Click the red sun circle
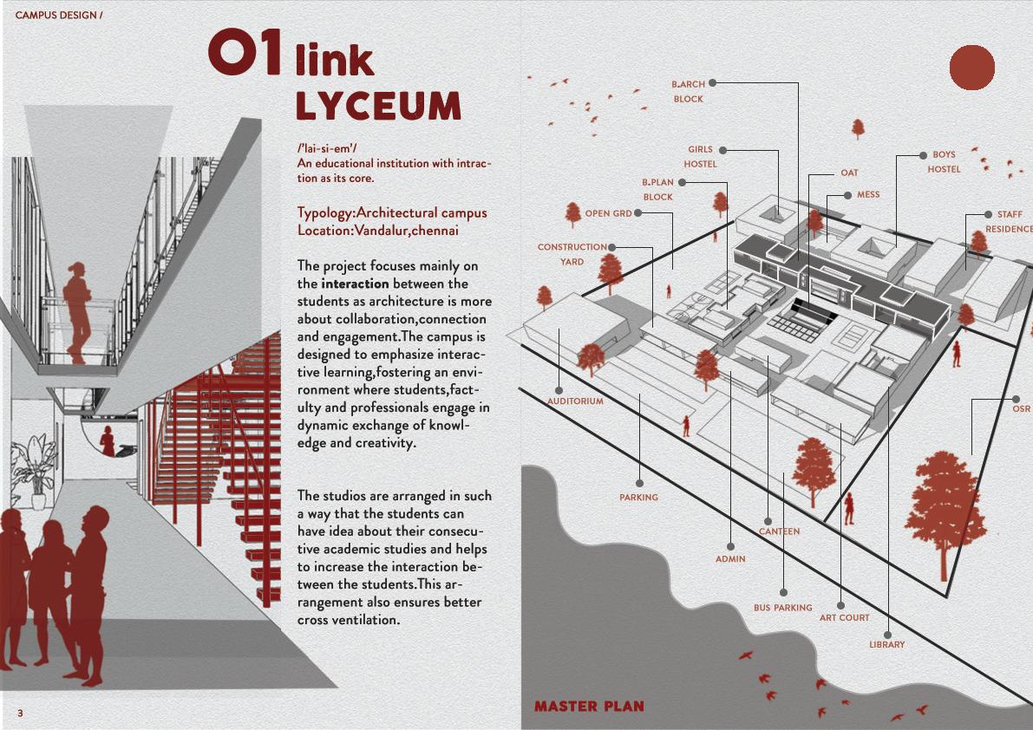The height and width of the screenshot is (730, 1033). [x=971, y=68]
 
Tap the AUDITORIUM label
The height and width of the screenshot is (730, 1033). [x=575, y=401]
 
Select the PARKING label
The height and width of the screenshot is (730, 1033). [x=638, y=498]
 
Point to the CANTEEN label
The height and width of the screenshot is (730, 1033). [x=779, y=531]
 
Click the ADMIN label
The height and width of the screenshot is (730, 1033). [x=730, y=559]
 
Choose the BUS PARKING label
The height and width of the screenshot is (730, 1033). [x=782, y=608]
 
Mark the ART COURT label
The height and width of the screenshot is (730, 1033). [x=844, y=618]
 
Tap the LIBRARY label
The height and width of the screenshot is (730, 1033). [x=886, y=644]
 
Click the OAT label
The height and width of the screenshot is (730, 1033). [x=849, y=173]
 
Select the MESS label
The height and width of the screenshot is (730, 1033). [x=867, y=195]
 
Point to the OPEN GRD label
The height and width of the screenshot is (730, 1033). [x=608, y=213]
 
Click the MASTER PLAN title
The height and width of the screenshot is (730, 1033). [x=589, y=707]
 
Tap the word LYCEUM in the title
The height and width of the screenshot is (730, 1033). [x=378, y=106]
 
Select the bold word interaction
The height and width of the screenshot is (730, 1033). [x=355, y=284]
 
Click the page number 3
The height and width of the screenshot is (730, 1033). [x=19, y=713]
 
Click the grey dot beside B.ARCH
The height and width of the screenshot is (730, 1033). [x=712, y=83]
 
